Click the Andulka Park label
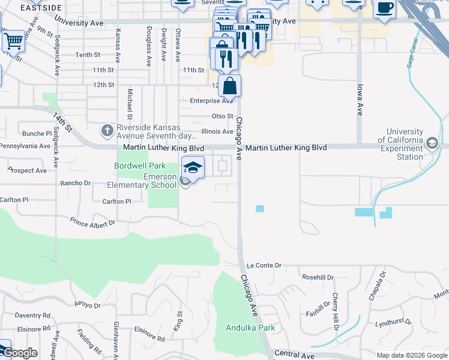click(250, 328)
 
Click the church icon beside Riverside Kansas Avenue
click(107, 130)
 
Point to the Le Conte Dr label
click(264, 265)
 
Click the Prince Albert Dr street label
click(93, 223)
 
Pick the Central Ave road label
click(294, 356)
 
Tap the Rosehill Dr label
click(318, 277)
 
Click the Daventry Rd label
click(33, 315)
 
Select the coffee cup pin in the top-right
click(384, 8)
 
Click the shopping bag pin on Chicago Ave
click(229, 86)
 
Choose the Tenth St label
click(88, 55)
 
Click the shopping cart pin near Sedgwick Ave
click(13, 41)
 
